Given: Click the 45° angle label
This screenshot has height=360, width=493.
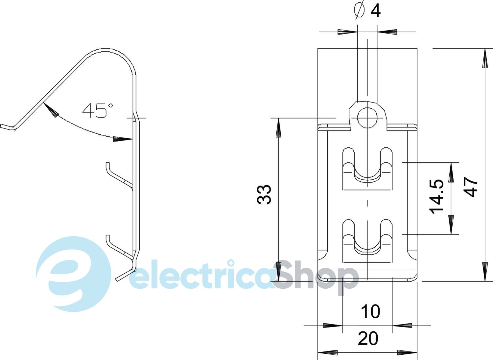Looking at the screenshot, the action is click(98, 110).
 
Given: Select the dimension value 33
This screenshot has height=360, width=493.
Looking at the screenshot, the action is click(264, 195).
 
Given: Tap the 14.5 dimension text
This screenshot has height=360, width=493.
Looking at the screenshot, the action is click(436, 197).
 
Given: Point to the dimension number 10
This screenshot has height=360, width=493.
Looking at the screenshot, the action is click(370, 311).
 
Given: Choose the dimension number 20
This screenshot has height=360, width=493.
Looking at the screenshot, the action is click(368, 338).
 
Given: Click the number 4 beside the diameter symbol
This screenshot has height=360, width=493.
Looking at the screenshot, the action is click(375, 11).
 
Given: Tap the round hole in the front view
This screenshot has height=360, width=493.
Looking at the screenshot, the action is click(367, 118).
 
